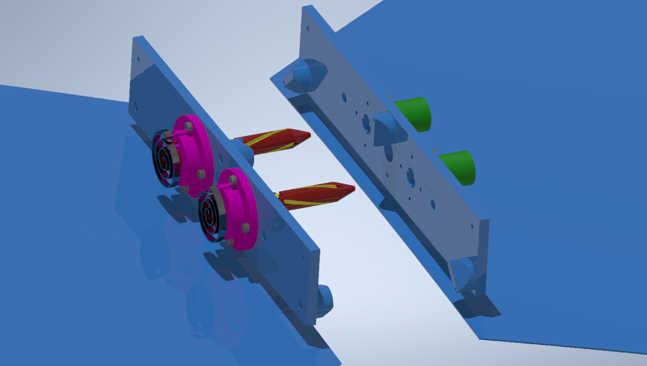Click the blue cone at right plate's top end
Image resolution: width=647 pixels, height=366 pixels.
(x=303, y=75)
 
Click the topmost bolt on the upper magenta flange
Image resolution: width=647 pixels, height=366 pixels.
(x=188, y=126)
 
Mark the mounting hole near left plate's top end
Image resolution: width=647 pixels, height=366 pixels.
(x=137, y=106)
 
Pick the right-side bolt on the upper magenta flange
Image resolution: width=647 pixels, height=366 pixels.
(x=200, y=174)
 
